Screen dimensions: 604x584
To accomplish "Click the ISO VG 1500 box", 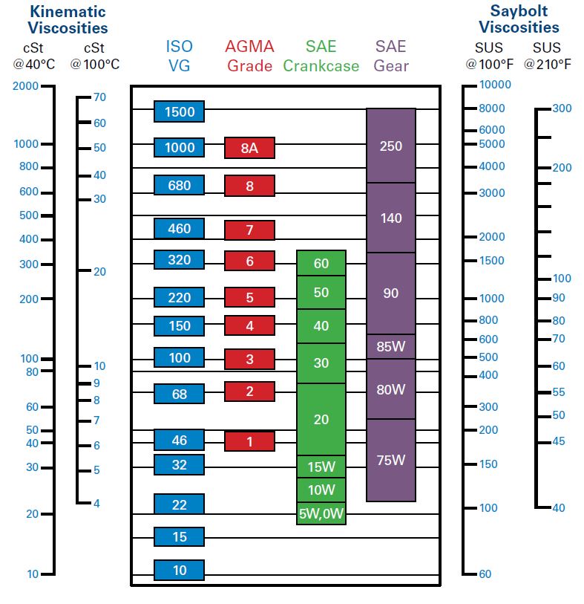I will point(179,111).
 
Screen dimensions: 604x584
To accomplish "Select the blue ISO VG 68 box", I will point(179,394).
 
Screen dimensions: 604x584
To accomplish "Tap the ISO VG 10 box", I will point(179,570).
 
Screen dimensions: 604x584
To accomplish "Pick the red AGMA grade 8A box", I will point(249,148).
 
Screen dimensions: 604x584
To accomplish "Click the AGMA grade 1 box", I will point(249,441).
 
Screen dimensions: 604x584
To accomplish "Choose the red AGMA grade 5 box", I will point(249,297).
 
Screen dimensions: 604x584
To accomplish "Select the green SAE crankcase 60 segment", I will point(321,264).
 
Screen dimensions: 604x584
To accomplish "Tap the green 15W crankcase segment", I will point(321,467).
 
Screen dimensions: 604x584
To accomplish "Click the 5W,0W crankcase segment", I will point(321,513).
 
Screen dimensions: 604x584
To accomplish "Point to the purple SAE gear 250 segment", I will point(390,146).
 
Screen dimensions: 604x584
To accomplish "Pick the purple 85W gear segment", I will point(390,346).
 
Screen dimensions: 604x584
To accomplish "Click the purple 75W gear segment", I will point(390,459).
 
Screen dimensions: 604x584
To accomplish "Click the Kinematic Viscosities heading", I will point(68,20).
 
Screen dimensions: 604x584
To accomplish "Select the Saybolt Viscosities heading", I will point(519,19).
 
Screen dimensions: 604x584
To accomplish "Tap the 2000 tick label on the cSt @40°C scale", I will point(25,86).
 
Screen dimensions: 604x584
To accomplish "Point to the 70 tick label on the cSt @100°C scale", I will point(99,97).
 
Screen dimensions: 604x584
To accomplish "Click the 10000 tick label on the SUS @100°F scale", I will point(495,85).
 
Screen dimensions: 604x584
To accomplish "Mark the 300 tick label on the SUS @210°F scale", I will point(562,108).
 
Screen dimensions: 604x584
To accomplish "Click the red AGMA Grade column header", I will point(249,56).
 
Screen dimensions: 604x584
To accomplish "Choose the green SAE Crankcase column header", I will point(321,56).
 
